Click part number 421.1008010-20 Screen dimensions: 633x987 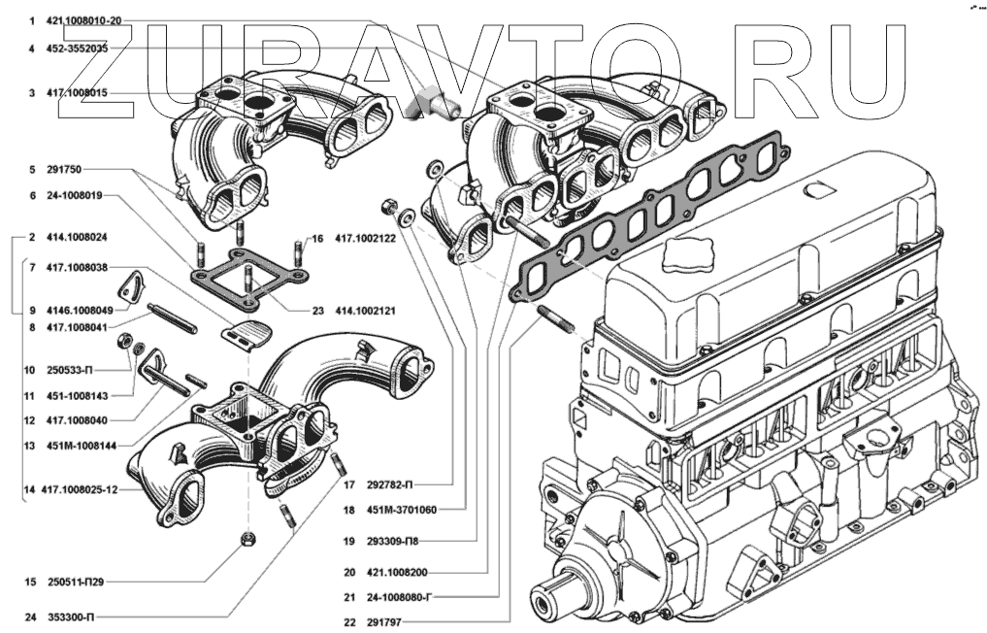[84, 20]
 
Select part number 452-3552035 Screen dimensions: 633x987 [76, 48]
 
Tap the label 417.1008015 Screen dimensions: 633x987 [76, 93]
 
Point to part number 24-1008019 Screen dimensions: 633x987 [76, 194]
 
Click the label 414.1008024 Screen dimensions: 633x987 [76, 237]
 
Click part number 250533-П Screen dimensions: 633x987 [70, 371]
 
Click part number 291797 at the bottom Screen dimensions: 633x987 [379, 622]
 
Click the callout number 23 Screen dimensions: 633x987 [317, 312]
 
